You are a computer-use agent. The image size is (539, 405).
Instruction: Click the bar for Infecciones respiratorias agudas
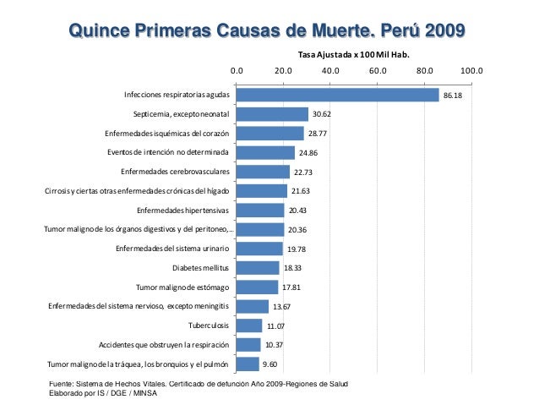click(338, 95)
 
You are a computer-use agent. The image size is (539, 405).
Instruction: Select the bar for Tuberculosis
click(249, 326)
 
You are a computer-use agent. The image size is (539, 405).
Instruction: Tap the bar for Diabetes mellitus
click(258, 268)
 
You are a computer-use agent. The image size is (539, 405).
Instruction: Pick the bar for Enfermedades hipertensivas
click(260, 211)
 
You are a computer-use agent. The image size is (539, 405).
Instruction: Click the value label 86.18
click(454, 96)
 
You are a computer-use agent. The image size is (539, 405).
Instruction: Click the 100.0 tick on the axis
click(471, 71)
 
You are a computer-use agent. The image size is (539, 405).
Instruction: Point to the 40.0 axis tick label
click(330, 71)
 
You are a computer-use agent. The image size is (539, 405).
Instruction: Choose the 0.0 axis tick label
click(237, 71)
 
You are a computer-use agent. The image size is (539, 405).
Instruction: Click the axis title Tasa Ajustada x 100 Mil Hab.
click(355, 55)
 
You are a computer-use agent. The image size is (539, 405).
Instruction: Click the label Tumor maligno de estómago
click(183, 287)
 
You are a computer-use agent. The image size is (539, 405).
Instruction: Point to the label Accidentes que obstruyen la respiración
click(164, 345)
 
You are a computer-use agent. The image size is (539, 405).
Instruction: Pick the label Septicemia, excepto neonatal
click(182, 114)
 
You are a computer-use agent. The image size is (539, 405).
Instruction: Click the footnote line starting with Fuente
click(199, 385)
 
